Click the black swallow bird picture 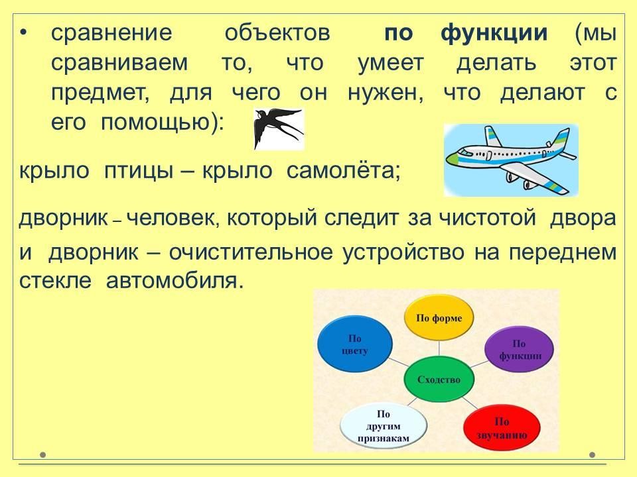tap(279, 129)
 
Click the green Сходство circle tap(439, 380)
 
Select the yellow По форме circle tap(439, 317)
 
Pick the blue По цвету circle tap(354, 344)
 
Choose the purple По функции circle tap(520, 350)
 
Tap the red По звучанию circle tap(502, 428)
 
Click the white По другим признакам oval tap(383, 426)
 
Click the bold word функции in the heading tap(494, 33)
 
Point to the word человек tap(173, 218)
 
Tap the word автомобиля tap(175, 281)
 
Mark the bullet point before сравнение tap(24, 33)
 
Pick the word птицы tap(139, 171)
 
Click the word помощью tap(162, 123)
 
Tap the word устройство tap(403, 252)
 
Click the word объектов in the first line tap(277, 33)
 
